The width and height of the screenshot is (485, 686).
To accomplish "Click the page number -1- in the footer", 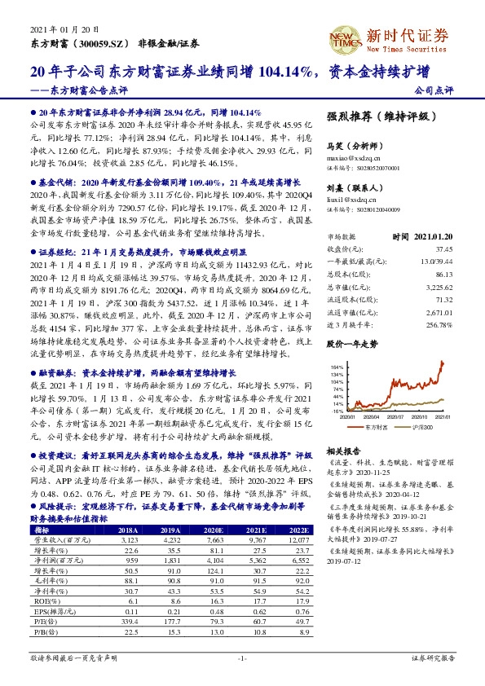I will click(x=242, y=657).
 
